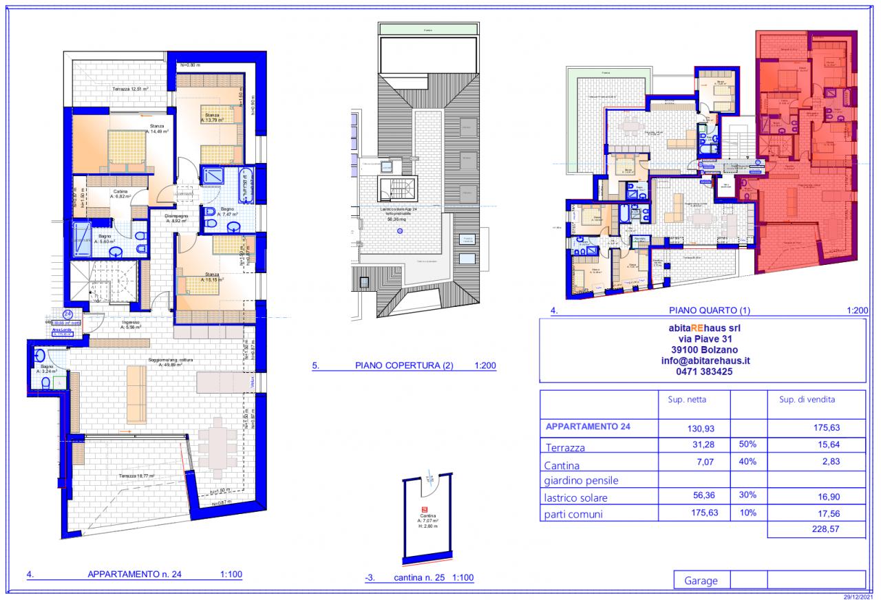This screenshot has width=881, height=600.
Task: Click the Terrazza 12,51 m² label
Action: click(131, 89)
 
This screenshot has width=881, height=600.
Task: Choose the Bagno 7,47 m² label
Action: click(226, 212)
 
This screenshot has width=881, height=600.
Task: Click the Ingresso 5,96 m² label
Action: click(131, 325)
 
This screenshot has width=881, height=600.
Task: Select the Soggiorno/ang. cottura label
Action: click(169, 363)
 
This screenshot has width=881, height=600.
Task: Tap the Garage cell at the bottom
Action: click(701, 581)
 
